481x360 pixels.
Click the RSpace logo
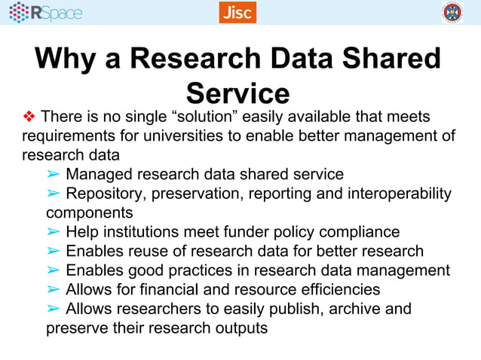point(46,12)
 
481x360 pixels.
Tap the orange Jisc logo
point(237,12)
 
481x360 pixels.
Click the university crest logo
point(452,12)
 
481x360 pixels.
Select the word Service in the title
point(238,93)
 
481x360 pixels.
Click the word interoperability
point(399,194)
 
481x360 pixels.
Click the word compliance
point(360,232)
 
